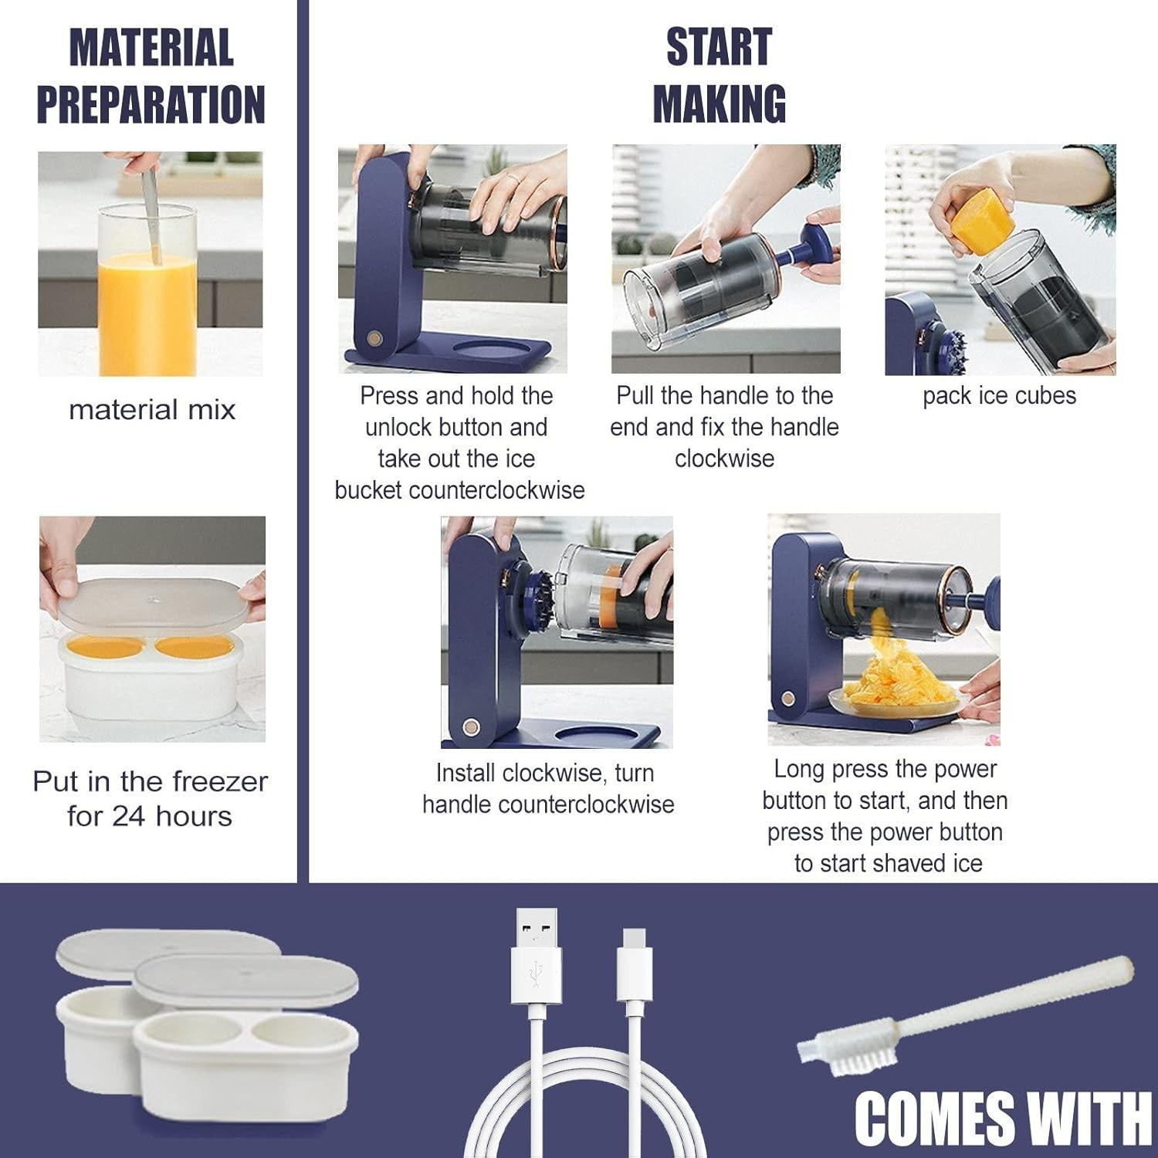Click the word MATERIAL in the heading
click(x=151, y=48)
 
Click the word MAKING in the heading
click(x=720, y=104)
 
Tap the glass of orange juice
click(x=147, y=289)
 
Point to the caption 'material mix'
click(x=152, y=409)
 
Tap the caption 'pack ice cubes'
click(x=999, y=395)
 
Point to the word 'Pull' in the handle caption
click(x=635, y=395)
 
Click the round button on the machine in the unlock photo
click(x=375, y=339)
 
